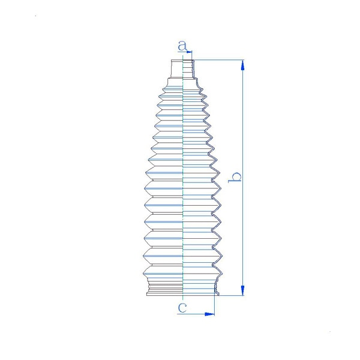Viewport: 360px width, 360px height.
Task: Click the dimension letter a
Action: (x=182, y=46)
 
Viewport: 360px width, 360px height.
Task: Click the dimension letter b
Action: (x=235, y=177)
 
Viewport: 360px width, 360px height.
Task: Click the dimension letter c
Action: (x=182, y=308)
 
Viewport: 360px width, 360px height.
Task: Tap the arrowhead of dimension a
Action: (x=189, y=52)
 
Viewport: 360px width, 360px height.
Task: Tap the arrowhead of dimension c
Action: (x=209, y=314)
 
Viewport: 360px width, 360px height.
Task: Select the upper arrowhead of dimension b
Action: (x=242, y=65)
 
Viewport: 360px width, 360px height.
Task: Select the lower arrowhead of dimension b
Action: (x=242, y=290)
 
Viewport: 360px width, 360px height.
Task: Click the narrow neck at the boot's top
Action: (x=183, y=69)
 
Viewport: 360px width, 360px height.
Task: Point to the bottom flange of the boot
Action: (x=183, y=294)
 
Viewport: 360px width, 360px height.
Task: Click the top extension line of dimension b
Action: (x=219, y=60)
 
